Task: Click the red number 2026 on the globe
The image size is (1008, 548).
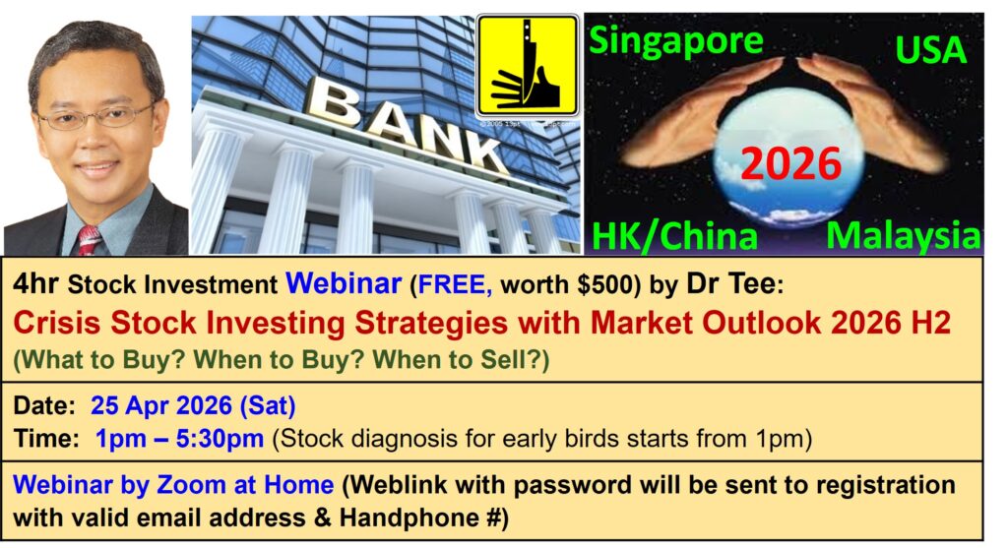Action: tap(791, 162)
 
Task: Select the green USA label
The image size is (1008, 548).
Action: tap(929, 47)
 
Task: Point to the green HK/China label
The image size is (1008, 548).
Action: tap(675, 236)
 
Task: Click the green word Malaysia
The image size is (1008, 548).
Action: tap(903, 235)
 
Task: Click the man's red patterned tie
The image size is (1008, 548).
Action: tap(89, 239)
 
